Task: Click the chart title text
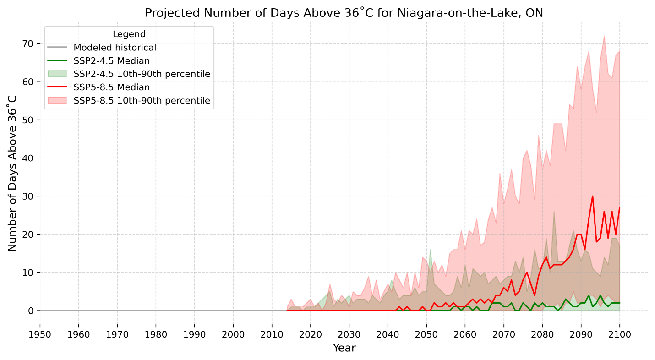click(344, 13)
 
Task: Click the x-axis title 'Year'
click(344, 348)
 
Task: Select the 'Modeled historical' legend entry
click(115, 48)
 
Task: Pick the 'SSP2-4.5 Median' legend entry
click(112, 61)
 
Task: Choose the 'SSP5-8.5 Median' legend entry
click(112, 87)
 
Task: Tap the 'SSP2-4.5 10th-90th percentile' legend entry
click(142, 74)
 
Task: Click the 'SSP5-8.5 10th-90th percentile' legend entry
click(142, 100)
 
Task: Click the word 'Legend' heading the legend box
click(129, 34)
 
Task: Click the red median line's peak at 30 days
click(592, 196)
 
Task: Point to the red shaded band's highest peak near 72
click(604, 36)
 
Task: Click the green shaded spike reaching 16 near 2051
click(430, 250)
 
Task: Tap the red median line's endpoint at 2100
click(619, 207)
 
